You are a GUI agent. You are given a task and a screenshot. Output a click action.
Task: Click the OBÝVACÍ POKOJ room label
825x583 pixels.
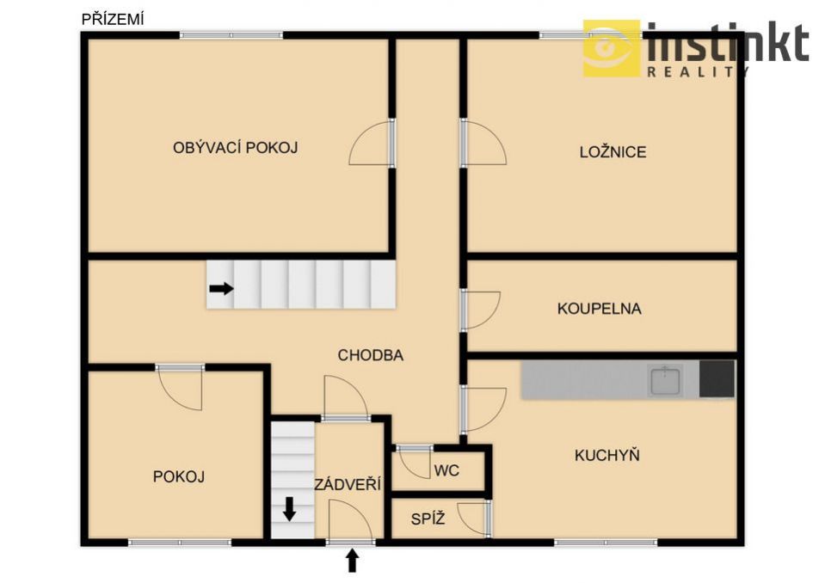pos(235,148)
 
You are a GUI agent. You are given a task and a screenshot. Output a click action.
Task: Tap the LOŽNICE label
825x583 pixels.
pos(613,152)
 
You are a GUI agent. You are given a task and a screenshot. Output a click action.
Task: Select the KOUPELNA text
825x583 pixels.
pos(600,309)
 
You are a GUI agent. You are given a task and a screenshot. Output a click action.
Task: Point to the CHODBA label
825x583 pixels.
pos(371,355)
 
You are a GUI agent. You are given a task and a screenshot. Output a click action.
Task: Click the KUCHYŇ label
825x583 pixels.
pos(607,454)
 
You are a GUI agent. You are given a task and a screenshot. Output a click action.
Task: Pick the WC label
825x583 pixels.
pos(446,470)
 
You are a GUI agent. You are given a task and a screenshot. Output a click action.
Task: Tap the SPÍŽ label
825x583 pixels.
pos(428,519)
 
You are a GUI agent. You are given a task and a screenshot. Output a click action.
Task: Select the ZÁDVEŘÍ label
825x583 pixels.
pos(348,483)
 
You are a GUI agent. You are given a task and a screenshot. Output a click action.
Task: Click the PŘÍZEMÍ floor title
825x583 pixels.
pos(113,20)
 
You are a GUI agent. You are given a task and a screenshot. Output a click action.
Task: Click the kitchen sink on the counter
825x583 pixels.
pos(665,381)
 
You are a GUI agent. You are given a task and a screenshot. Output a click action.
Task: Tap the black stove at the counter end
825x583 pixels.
pos(717,378)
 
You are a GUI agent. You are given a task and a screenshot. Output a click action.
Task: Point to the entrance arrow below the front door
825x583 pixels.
pos(353,561)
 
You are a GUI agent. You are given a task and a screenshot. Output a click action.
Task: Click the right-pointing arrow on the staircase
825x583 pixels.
pos(221,288)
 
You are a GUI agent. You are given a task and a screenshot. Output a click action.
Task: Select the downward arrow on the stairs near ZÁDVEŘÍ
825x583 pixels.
pos(289,509)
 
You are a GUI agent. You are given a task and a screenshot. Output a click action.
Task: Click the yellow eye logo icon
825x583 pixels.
pos(612,48)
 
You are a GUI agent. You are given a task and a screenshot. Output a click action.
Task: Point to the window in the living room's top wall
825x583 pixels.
pos(231,35)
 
